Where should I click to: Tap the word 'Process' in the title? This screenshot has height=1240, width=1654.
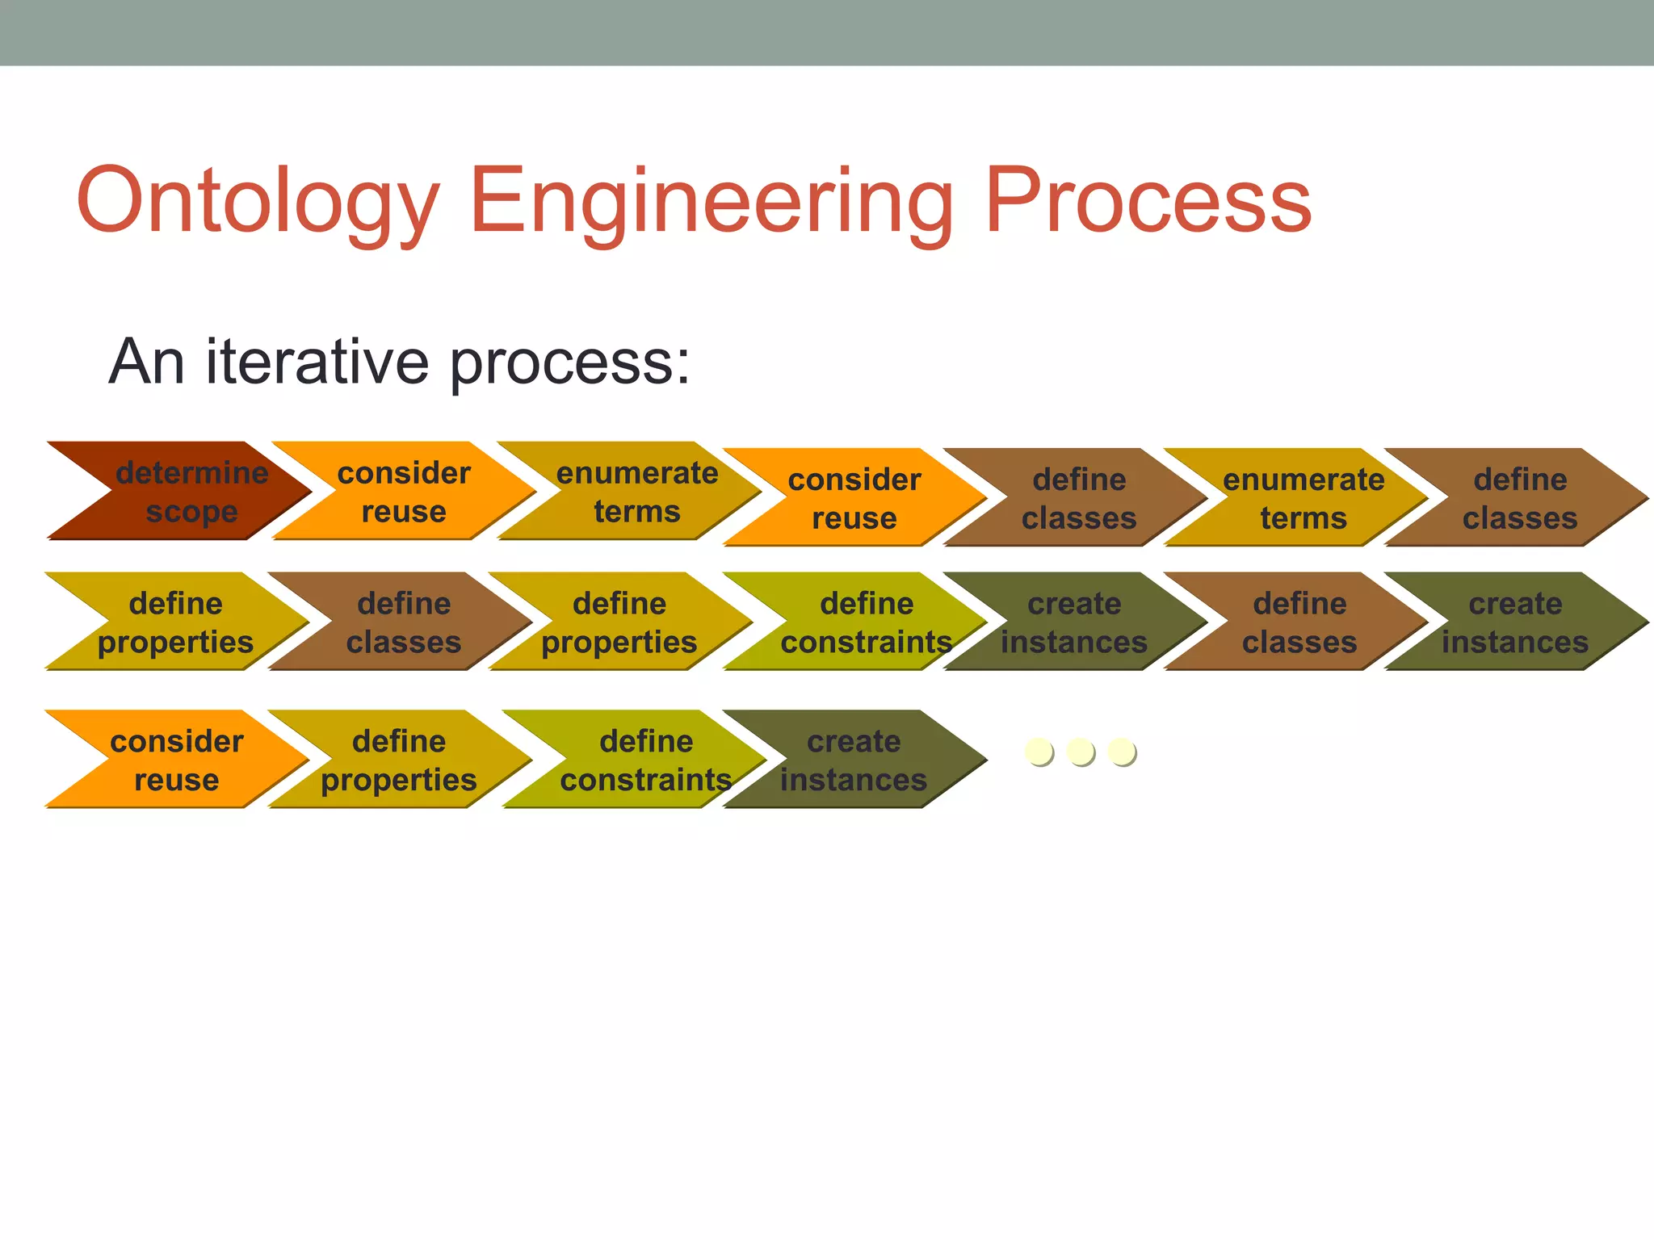tap(1147, 200)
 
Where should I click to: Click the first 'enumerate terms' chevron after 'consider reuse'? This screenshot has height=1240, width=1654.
tap(634, 491)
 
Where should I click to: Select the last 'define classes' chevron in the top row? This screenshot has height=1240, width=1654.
tap(1518, 497)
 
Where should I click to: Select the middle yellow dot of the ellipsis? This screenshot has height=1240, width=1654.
tap(1081, 752)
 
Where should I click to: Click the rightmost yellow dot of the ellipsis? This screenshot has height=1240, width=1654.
tap(1122, 752)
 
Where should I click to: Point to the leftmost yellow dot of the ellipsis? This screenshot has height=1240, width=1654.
tap(1039, 752)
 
